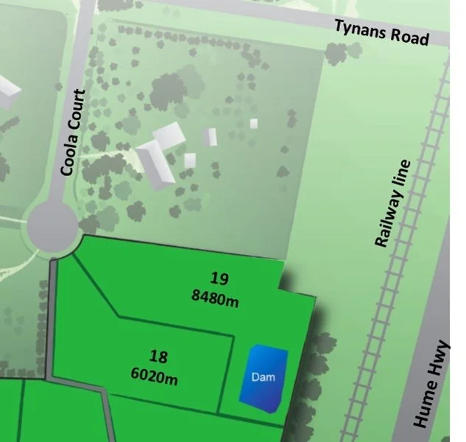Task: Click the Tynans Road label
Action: [381, 31]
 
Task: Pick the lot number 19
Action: [219, 278]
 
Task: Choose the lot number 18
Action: [158, 357]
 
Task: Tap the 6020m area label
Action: [155, 379]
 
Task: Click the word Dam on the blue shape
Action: [263, 377]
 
